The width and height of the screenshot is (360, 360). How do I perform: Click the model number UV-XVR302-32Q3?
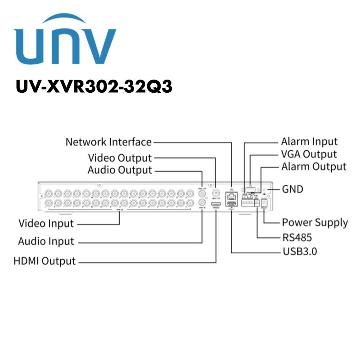[x=94, y=86]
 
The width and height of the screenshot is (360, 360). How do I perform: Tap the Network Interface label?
[x=108, y=142]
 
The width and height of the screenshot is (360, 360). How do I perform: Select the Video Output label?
[x=120, y=158]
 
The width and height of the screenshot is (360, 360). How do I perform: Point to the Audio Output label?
[x=120, y=170]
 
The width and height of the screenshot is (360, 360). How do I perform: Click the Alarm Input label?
[x=309, y=142]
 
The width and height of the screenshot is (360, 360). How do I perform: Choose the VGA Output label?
[x=309, y=154]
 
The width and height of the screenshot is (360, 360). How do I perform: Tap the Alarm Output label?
[x=314, y=166]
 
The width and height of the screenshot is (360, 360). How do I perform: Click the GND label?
[x=292, y=189]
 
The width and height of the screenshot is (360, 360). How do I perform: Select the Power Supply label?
[x=315, y=222]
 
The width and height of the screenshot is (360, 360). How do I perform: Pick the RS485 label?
[x=297, y=237]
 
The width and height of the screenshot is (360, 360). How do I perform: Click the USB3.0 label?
[x=299, y=251]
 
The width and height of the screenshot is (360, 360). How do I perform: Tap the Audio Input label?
[x=46, y=241]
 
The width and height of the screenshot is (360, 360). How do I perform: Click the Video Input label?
[x=46, y=223]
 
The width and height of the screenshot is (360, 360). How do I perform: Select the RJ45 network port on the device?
[x=231, y=195]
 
